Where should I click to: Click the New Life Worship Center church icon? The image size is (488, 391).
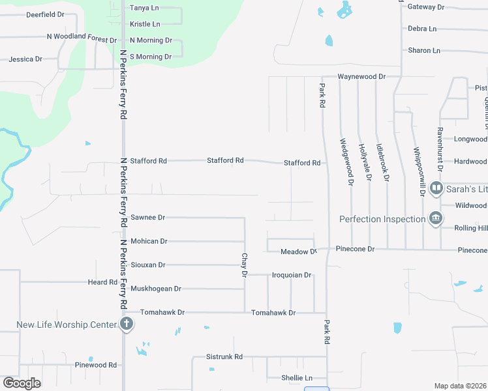point(127,324)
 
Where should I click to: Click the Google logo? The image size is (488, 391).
point(22,383)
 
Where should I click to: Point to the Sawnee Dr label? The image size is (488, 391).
point(148,217)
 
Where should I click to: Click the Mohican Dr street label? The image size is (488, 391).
point(149,241)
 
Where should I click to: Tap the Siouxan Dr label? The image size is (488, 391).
point(148,265)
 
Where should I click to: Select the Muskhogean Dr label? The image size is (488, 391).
point(156,288)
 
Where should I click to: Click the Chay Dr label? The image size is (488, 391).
point(245,265)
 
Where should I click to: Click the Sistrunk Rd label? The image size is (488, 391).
point(224,356)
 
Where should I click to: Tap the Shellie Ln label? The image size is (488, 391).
point(296,378)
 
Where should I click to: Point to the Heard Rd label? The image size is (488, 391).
point(103,282)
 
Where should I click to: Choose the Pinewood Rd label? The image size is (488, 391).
point(95,365)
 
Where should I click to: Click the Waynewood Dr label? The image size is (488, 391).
point(361,76)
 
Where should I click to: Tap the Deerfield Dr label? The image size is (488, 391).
point(45,14)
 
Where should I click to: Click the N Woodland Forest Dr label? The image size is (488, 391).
point(82,39)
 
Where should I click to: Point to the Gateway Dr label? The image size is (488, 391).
point(425,7)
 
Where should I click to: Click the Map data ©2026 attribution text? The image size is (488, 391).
point(459,386)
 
